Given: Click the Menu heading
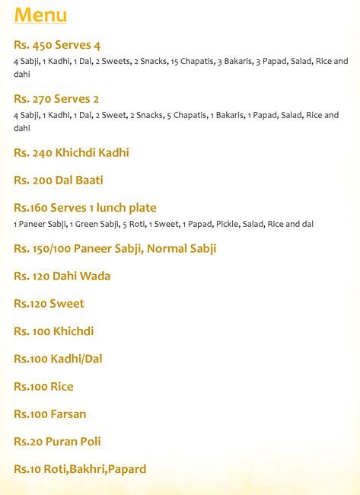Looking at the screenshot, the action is (x=40, y=15).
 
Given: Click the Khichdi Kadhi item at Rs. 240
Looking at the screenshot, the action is (x=92, y=153).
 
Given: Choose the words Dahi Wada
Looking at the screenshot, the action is (x=83, y=276).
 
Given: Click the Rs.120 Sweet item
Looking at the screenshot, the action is (x=49, y=304).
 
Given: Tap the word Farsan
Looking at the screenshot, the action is (x=68, y=414).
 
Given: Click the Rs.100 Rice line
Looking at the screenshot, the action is (x=43, y=387).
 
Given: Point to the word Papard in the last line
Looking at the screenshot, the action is (x=126, y=469).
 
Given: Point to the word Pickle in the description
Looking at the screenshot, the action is (x=226, y=224).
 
